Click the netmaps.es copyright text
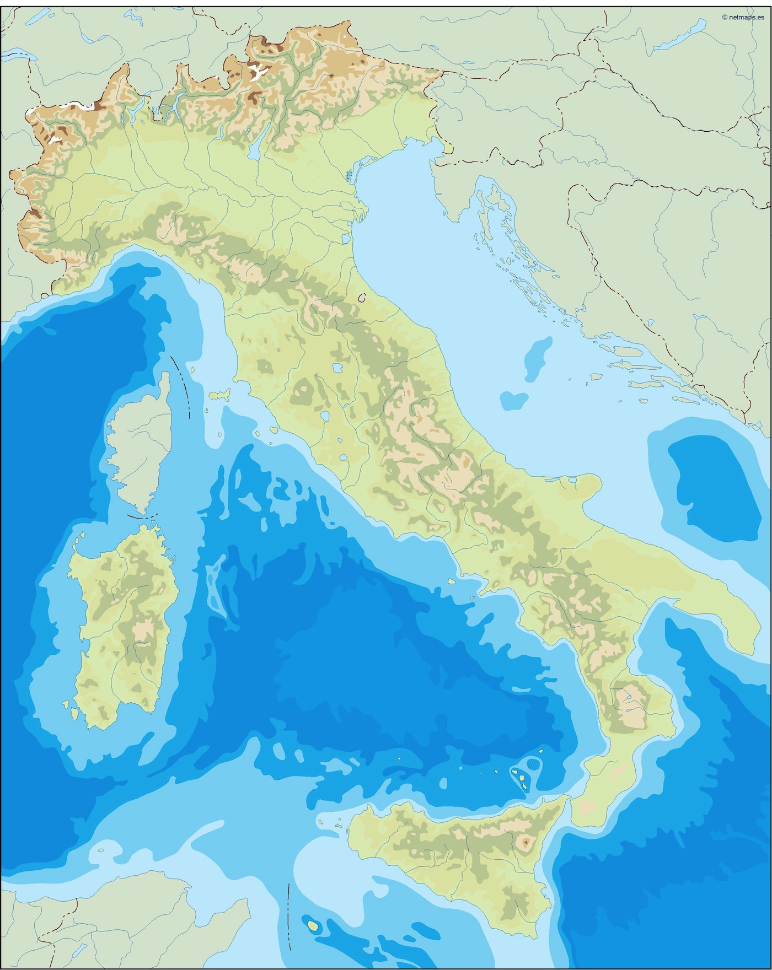743,17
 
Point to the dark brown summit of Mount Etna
525,842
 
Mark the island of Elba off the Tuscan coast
219,395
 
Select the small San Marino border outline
362,298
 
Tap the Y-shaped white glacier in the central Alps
258,72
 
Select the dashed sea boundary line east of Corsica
182,386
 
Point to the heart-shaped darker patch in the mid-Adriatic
514,400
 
